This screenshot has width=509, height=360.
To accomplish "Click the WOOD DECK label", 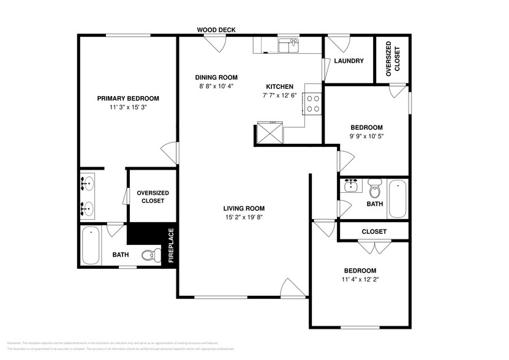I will click(216, 29).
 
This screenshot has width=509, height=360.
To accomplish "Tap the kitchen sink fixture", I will click(288, 46).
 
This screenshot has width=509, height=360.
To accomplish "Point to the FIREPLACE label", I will click(171, 246).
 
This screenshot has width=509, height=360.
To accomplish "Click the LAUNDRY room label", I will click(349, 61).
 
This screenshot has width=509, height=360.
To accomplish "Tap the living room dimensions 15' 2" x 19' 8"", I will click(243, 217).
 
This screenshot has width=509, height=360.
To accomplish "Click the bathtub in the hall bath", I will click(398, 198).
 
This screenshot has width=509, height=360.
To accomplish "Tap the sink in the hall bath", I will click(351, 185).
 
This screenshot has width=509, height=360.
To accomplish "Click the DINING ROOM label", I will click(216, 77).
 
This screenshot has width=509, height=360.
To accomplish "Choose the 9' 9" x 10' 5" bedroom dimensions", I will click(366, 137).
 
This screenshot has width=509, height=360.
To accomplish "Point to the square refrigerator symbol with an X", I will click(270, 132).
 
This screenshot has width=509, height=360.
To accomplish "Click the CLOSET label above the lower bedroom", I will click(374, 231).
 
